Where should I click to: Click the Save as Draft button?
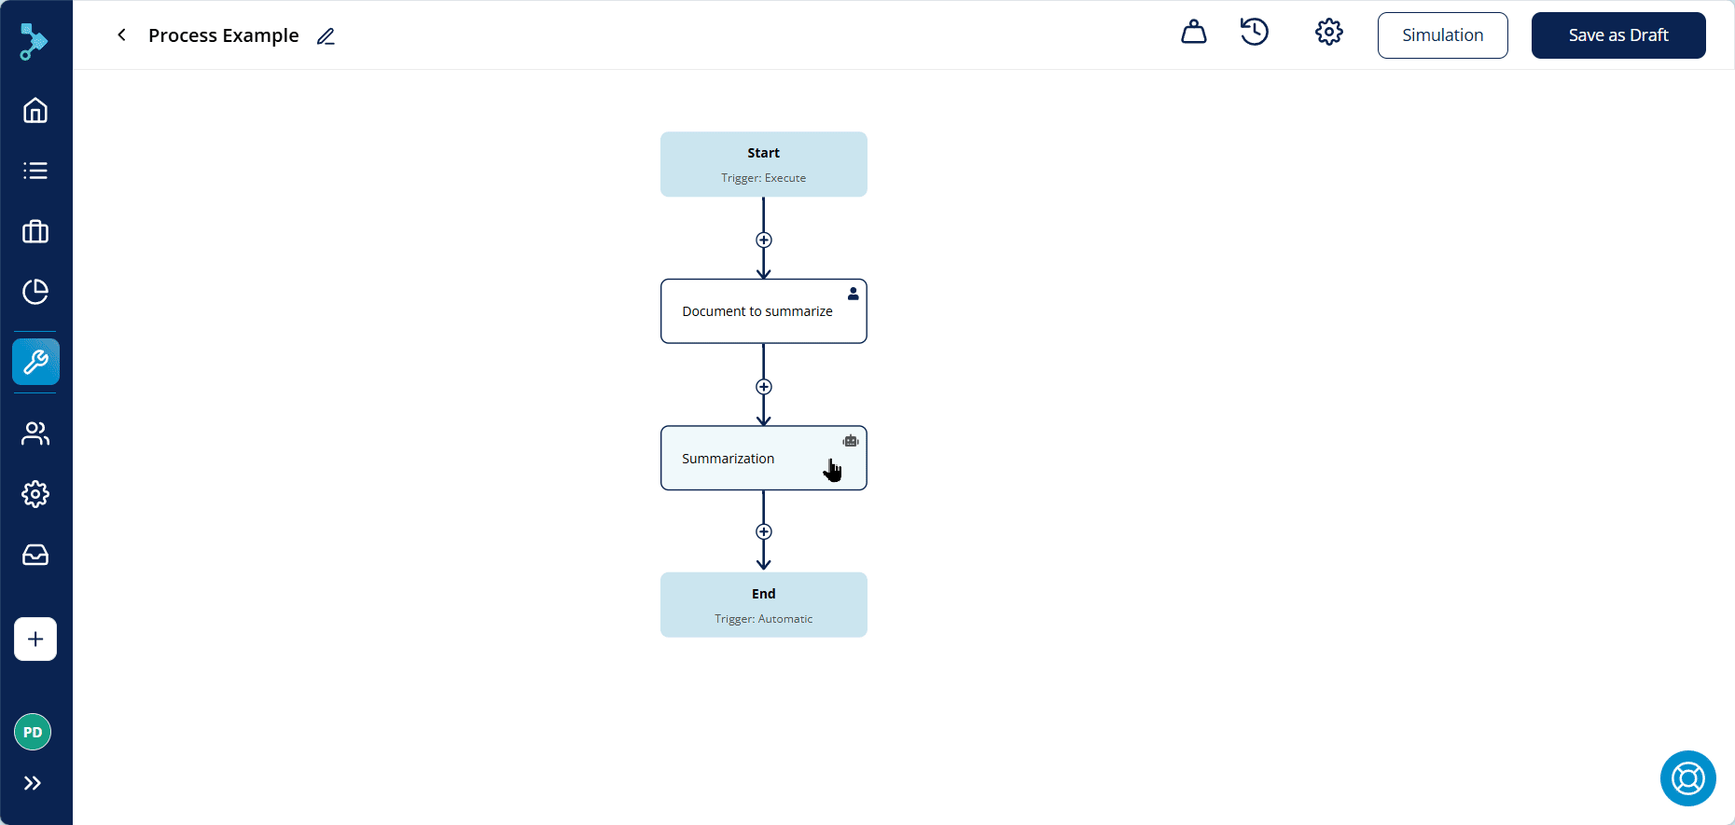[x=1618, y=35]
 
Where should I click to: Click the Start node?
[x=764, y=164]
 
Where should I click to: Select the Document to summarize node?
[x=764, y=311]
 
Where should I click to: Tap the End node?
[x=764, y=605]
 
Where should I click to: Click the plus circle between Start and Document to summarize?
[x=764, y=240]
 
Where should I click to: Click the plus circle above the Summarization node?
[x=764, y=387]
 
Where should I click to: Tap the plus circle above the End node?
[x=764, y=531]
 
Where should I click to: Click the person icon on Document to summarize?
[x=853, y=294]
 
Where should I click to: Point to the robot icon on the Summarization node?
[x=851, y=441]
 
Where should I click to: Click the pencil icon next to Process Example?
[x=326, y=36]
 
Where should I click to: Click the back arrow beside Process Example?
[x=121, y=34]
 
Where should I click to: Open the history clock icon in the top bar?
[x=1255, y=32]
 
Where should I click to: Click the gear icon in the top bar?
[x=1329, y=32]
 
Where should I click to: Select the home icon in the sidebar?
[x=35, y=110]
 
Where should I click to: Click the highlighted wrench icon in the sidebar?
[x=35, y=362]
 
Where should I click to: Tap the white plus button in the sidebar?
[x=35, y=639]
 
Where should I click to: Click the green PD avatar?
[x=33, y=732]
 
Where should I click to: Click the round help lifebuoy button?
[x=1688, y=778]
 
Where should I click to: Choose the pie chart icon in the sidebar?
[x=35, y=292]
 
